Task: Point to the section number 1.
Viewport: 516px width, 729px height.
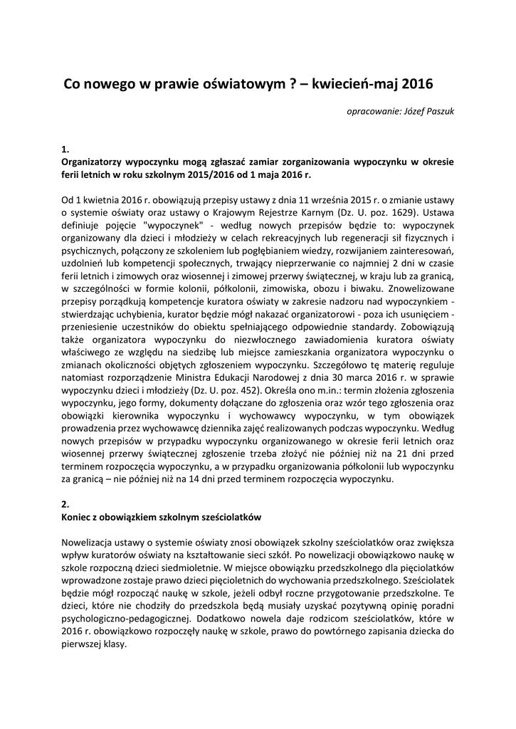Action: pyautogui.click(x=65, y=149)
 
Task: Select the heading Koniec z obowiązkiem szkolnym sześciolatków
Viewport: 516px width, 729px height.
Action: pyautogui.click(x=163, y=516)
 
